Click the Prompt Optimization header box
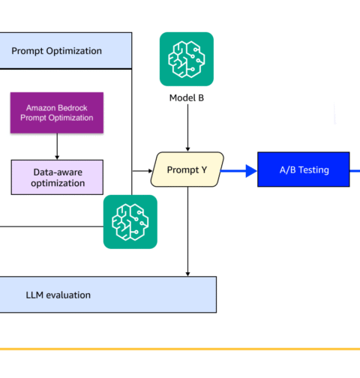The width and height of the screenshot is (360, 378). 66,50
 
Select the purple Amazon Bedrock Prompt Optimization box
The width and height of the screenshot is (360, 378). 57,112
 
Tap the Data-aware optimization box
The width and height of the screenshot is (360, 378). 57,177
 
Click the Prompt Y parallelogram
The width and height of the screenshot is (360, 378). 187,169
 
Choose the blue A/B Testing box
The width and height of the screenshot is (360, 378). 304,169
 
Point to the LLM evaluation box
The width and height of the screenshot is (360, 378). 108,295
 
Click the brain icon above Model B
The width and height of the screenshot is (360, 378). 187,59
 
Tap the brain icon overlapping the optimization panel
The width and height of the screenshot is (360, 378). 130,222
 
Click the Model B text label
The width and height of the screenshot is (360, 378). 187,97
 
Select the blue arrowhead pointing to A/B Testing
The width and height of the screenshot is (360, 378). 251,171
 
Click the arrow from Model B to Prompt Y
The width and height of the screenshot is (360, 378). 187,127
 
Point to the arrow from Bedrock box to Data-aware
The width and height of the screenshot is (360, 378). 57,146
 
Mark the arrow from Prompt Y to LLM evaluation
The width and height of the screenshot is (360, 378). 187,232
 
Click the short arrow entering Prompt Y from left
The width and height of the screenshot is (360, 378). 142,171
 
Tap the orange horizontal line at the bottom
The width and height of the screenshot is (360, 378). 180,349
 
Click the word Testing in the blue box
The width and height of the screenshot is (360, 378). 313,170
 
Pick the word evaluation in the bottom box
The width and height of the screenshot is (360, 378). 68,295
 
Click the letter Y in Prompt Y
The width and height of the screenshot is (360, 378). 204,169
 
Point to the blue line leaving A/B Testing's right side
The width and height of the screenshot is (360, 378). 355,171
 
